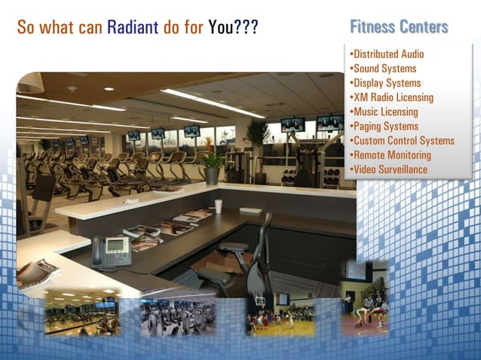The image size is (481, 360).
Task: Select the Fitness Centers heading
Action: pyautogui.click(x=399, y=28)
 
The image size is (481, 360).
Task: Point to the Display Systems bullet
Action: pyautogui.click(x=385, y=83)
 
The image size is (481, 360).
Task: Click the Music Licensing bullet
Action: pyautogui.click(x=384, y=111)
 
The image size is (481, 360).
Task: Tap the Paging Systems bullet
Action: pyautogui.click(x=384, y=126)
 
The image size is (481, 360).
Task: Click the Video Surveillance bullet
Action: pyautogui.click(x=389, y=169)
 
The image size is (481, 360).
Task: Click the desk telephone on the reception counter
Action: pyautogui.click(x=111, y=252)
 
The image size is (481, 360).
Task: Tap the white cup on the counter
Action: pyautogui.click(x=218, y=206)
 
